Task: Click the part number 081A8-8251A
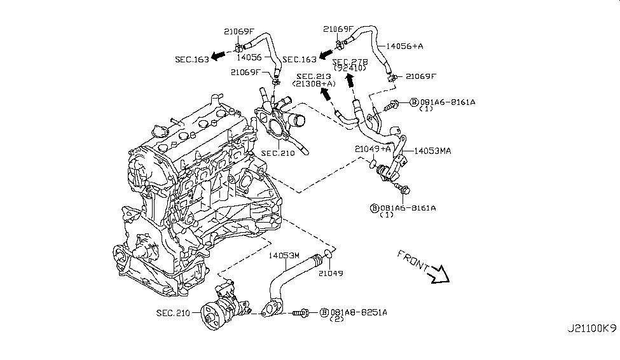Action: pyautogui.click(x=358, y=312)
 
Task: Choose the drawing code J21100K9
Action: pyautogui.click(x=591, y=347)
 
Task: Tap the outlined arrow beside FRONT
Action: pyautogui.click(x=439, y=275)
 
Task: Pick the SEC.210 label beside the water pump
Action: pyautogui.click(x=174, y=313)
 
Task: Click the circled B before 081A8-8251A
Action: pyautogui.click(x=324, y=312)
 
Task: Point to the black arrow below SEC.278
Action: pyautogui.click(x=348, y=81)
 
